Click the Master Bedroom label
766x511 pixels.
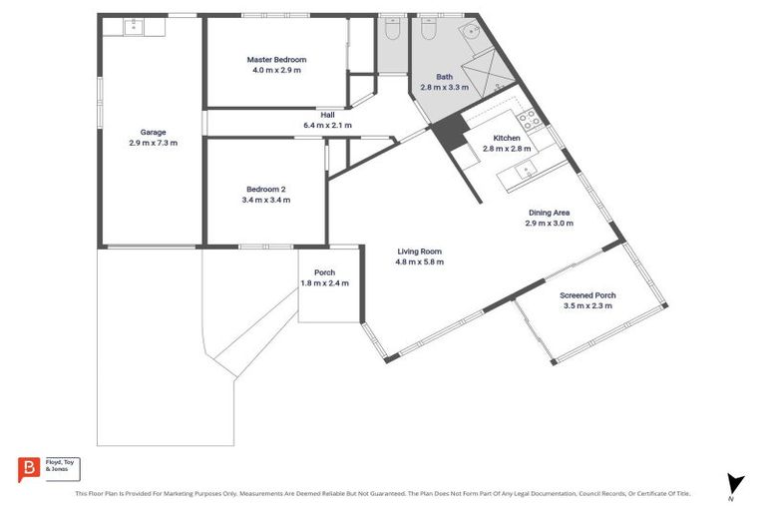[x=274, y=60]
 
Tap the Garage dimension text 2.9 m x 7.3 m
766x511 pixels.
[x=153, y=143]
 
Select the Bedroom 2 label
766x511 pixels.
[x=265, y=189]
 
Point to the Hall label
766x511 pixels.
[x=327, y=114]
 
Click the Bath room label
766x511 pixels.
[x=444, y=76]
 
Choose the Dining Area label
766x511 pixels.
[x=549, y=213]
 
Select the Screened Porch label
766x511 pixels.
[x=587, y=295]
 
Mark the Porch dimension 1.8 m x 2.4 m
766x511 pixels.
[x=324, y=283]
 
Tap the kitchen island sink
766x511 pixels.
[x=524, y=172]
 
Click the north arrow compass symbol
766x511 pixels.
[x=736, y=483]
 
